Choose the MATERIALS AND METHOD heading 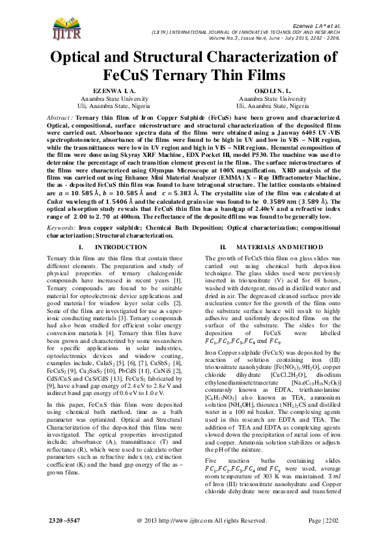278,229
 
